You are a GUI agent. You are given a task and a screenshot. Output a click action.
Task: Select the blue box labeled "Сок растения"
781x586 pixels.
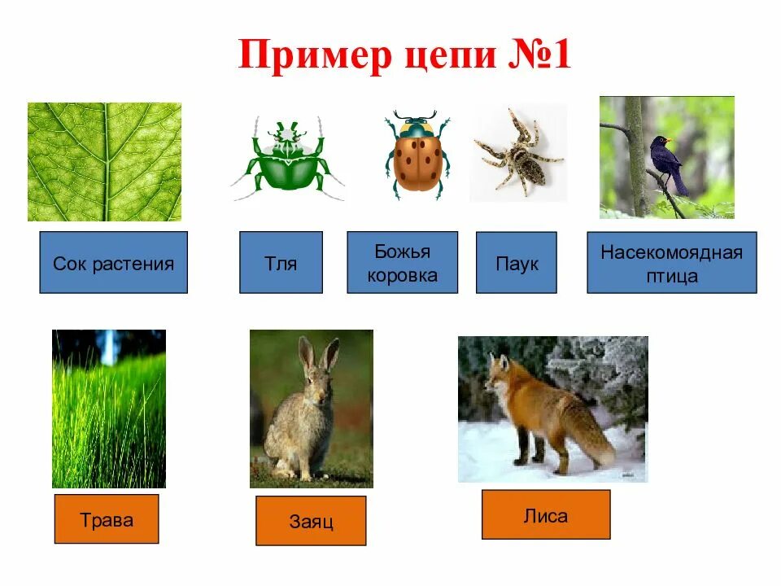point(113,263)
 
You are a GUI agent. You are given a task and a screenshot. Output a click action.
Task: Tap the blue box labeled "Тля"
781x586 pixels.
point(281,263)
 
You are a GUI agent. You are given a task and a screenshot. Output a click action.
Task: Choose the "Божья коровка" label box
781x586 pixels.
point(402,263)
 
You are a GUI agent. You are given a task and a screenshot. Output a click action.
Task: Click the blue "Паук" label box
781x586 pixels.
point(516,263)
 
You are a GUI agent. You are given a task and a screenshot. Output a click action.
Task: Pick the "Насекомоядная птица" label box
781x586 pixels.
point(671,263)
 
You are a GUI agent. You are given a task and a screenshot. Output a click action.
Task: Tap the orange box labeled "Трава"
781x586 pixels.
point(106,519)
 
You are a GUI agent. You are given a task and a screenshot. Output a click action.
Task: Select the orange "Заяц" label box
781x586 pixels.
point(311,521)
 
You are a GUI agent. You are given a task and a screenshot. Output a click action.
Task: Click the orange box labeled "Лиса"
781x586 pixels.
point(545,514)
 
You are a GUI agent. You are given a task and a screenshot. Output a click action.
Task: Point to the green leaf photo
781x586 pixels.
point(104,161)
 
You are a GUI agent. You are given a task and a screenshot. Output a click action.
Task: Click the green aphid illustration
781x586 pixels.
point(287,159)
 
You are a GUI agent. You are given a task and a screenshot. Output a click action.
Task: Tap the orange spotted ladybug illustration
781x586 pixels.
point(418,155)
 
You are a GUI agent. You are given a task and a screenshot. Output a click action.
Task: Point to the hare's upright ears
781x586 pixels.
point(317,356)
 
